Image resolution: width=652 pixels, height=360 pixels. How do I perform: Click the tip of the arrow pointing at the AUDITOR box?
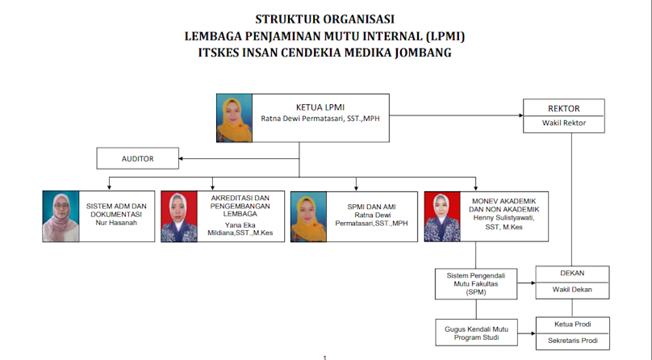179,158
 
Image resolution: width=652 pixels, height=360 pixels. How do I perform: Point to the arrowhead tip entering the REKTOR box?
523,115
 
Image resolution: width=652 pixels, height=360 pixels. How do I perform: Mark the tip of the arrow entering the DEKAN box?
536,283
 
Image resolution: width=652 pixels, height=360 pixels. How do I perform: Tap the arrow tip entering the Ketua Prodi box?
536,333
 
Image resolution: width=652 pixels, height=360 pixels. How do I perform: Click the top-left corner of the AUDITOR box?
97,148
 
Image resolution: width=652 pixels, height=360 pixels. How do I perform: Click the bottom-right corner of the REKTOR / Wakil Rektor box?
604,132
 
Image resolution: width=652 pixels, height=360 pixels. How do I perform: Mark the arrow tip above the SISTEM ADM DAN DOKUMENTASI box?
110,190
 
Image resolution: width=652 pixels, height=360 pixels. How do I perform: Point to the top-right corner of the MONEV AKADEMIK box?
548,191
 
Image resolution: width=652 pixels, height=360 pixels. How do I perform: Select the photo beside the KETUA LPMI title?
234,118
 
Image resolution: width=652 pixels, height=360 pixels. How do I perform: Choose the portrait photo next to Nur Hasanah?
61,216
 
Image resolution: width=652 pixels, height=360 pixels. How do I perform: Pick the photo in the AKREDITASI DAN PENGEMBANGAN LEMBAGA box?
179,216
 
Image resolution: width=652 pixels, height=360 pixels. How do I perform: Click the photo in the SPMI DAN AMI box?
308,216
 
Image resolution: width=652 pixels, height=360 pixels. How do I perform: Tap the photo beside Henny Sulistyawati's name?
442,216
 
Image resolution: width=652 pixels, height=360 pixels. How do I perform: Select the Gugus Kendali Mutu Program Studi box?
477,333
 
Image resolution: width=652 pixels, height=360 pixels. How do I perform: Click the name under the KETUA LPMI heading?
320,119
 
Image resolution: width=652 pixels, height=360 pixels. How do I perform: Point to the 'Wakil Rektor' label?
564,123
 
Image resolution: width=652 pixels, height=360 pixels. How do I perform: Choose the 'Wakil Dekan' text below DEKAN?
572,290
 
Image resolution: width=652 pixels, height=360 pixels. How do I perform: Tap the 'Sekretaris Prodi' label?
573,341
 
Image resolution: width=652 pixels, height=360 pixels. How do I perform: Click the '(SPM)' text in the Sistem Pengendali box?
476,292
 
